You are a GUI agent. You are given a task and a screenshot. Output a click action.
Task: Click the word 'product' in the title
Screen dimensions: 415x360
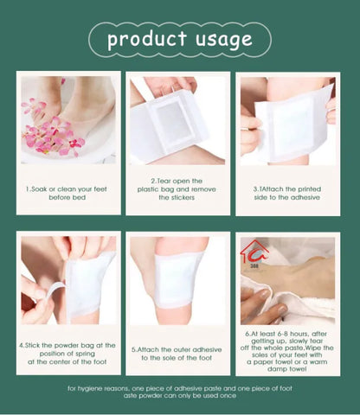146,39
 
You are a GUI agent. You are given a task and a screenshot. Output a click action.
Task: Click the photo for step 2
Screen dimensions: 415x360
177,120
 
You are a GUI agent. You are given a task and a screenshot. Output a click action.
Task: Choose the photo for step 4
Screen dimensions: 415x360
67,280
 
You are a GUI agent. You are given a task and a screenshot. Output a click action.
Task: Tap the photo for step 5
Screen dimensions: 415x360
177,280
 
